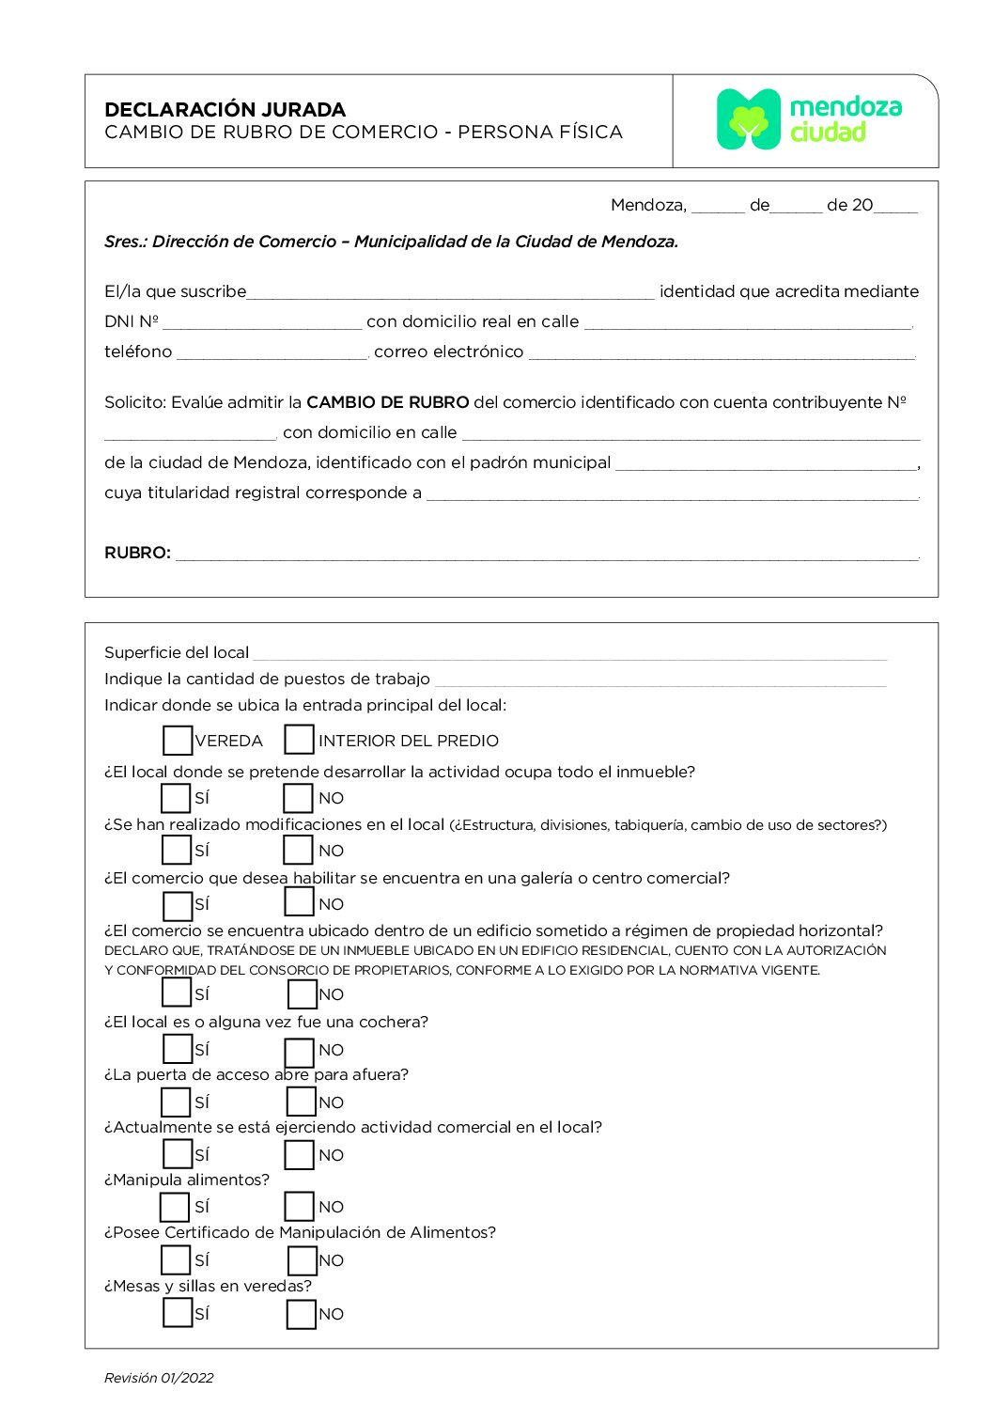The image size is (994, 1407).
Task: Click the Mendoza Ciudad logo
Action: tap(808, 119)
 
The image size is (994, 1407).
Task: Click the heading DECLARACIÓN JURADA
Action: tap(225, 109)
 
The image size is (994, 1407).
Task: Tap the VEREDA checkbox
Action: tap(177, 740)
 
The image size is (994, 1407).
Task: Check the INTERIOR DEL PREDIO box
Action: tap(299, 740)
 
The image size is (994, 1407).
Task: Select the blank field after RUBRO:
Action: tap(547, 553)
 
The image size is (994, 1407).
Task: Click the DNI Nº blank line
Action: tap(261, 322)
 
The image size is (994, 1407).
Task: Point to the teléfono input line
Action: tap(272, 352)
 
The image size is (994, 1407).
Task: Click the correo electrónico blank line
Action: tap(722, 352)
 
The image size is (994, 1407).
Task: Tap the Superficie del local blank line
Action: tap(569, 653)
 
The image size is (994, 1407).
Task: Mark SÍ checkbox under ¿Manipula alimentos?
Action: tap(175, 1207)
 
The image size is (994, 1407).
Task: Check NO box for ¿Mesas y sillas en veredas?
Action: tap(301, 1314)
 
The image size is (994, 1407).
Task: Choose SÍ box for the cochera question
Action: tap(178, 1048)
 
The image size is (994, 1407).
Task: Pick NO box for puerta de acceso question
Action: tap(301, 1102)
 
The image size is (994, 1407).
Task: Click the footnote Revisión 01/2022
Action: tap(159, 1378)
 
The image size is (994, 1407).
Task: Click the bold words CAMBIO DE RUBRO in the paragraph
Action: tap(387, 402)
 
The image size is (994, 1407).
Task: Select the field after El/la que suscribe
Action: tap(450, 292)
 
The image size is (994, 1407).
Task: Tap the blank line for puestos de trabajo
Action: tap(660, 680)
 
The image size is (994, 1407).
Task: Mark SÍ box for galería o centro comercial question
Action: tap(178, 905)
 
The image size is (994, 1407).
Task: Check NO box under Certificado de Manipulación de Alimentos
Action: tap(302, 1260)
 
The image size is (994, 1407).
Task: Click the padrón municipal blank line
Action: tap(766, 463)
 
